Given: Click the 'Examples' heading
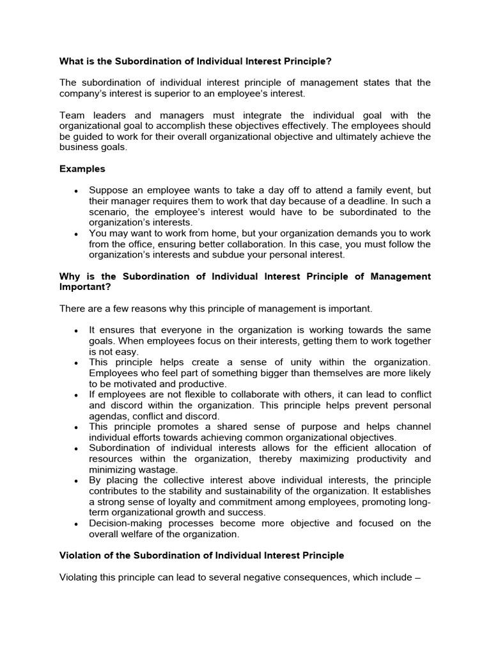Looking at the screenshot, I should pyautogui.click(x=82, y=169).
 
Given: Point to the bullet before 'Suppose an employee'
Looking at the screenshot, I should pyautogui.click(x=76, y=191).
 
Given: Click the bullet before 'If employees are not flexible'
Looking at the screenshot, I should pyautogui.click(x=76, y=395).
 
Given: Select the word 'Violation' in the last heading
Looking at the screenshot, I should pyautogui.click(x=81, y=556).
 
